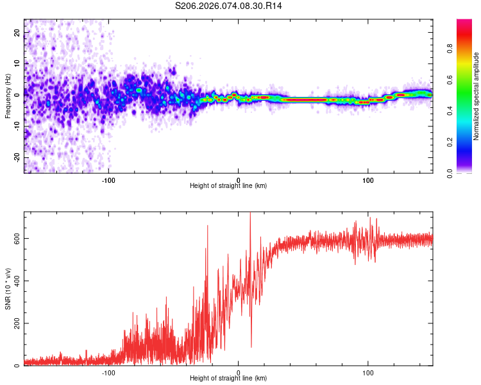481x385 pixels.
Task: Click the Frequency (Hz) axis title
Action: pyautogui.click(x=8, y=96)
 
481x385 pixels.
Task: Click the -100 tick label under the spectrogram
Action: pyautogui.click(x=108, y=180)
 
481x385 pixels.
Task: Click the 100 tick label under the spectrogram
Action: pyautogui.click(x=368, y=180)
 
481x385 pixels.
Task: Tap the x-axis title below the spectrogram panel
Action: pyautogui.click(x=228, y=186)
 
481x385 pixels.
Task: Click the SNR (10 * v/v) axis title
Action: pyautogui.click(x=8, y=289)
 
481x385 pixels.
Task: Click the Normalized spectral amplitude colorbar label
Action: pyautogui.click(x=477, y=96)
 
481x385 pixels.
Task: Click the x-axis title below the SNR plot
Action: pyautogui.click(x=228, y=379)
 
